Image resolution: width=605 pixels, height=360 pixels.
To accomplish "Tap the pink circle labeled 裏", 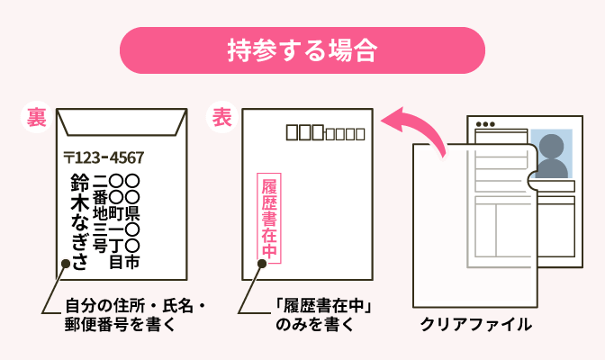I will click(x=38, y=118).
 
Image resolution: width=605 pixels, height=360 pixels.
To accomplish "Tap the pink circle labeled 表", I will click(x=222, y=118).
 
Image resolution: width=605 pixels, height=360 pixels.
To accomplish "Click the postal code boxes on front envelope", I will click(x=324, y=133).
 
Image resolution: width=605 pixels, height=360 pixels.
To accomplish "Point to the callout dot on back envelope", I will click(x=65, y=265).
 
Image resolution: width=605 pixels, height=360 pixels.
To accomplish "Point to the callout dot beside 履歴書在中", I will click(x=261, y=265).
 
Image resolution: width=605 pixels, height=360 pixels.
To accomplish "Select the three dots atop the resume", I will click(x=485, y=124).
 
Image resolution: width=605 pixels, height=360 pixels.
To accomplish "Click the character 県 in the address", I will click(x=131, y=213).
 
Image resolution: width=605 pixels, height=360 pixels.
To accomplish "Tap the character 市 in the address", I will click(x=131, y=262).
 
